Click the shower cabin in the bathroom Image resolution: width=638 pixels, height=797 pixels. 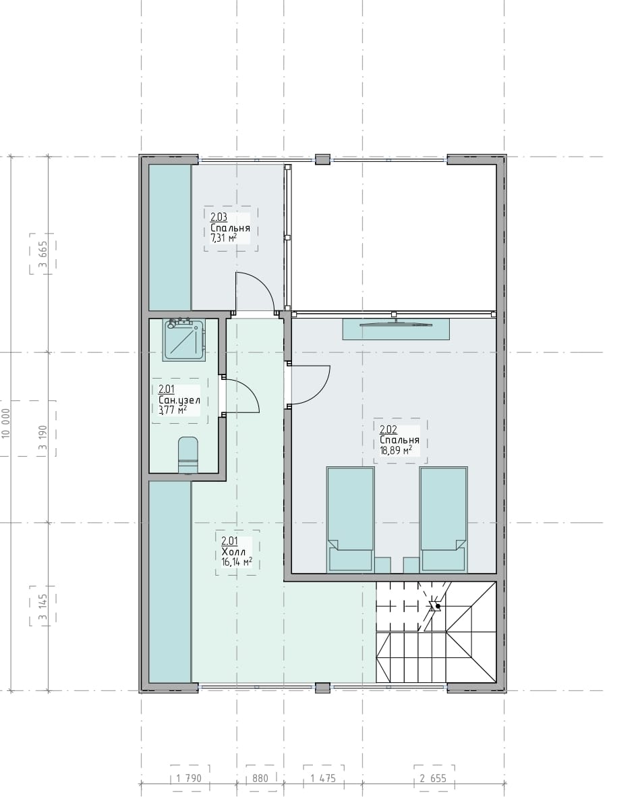pyautogui.click(x=184, y=340)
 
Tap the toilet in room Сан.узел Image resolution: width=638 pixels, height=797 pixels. pyautogui.click(x=187, y=454)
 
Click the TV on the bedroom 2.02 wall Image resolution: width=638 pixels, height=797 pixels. pyautogui.click(x=396, y=323)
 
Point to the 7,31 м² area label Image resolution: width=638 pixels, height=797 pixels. pyautogui.click(x=223, y=238)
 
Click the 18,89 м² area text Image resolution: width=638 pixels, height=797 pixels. pyautogui.click(x=396, y=450)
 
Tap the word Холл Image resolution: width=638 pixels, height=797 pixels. pyautogui.click(x=233, y=552)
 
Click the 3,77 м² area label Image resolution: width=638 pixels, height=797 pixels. pyautogui.click(x=173, y=410)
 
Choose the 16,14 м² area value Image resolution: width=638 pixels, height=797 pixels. pyautogui.click(x=237, y=561)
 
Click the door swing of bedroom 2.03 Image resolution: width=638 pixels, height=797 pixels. pyautogui.click(x=254, y=292)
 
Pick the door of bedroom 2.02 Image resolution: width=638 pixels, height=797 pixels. pyautogui.click(x=310, y=385)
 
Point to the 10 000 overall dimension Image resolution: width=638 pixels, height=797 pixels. pyautogui.click(x=6, y=423)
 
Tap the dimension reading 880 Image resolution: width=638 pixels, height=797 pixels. pyautogui.click(x=260, y=778)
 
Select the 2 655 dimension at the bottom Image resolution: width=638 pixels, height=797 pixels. pyautogui.click(x=433, y=778)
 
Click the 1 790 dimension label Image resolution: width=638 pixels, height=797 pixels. pyautogui.click(x=189, y=778)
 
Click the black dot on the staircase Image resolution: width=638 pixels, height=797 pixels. pyautogui.click(x=437, y=607)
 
